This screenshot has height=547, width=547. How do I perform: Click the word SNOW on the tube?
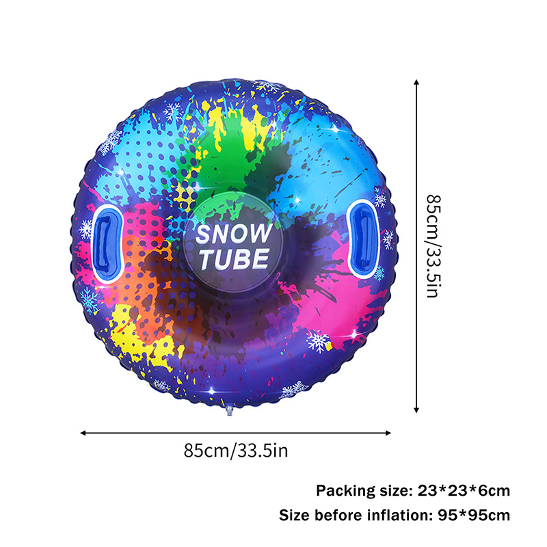pos(233,234)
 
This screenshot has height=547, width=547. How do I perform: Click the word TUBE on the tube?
pos(234,259)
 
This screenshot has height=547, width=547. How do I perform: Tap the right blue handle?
pos(364,237)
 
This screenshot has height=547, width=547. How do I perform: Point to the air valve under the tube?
pos(229,409)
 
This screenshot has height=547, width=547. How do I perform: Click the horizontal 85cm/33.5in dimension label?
pos(236,451)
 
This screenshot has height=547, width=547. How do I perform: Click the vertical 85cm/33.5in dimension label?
pos(434,246)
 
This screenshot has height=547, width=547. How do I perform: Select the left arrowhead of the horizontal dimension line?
pos(83,433)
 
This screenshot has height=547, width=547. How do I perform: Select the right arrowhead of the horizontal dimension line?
pos(388,433)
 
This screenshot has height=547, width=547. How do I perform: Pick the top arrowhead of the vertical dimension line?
pos(416,82)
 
